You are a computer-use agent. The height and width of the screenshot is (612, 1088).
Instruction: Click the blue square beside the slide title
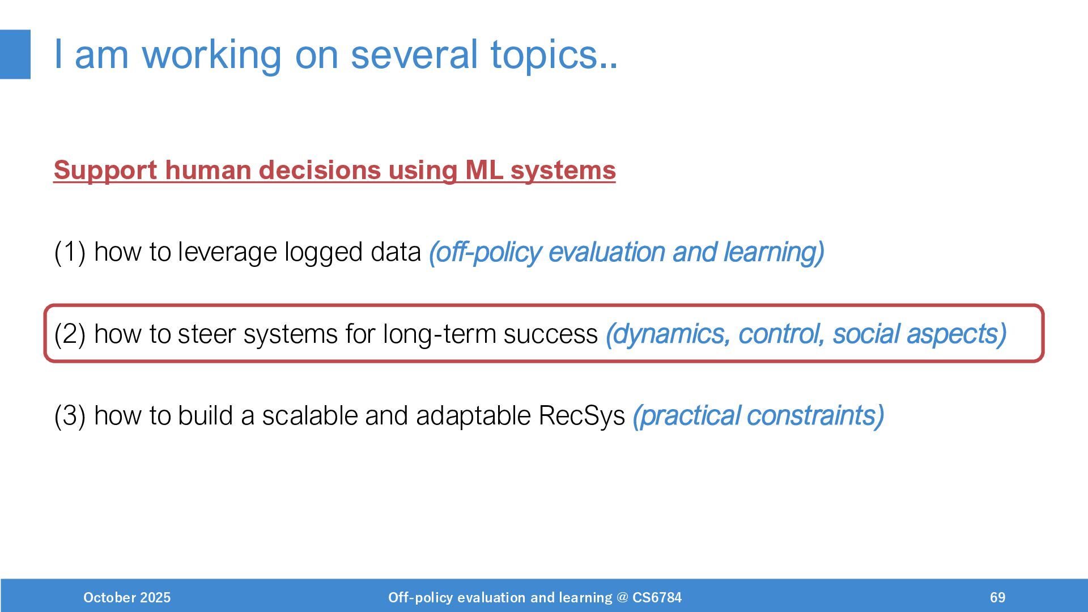pos(15,54)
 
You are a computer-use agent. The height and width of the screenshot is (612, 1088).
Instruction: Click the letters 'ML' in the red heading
pos(484,170)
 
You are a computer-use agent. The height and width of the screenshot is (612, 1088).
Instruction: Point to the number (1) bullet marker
pos(70,252)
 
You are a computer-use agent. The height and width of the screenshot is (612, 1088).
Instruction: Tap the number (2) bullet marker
pos(70,333)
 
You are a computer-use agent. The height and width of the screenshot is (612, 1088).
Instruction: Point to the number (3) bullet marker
pos(70,415)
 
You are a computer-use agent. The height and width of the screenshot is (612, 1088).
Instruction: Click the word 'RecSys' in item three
pos(581,416)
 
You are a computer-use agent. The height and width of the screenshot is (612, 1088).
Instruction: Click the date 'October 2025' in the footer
pos(127,597)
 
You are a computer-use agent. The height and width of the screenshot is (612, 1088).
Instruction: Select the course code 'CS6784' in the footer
pos(657,597)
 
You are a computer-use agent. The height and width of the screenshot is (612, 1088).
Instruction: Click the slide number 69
pos(997,597)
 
